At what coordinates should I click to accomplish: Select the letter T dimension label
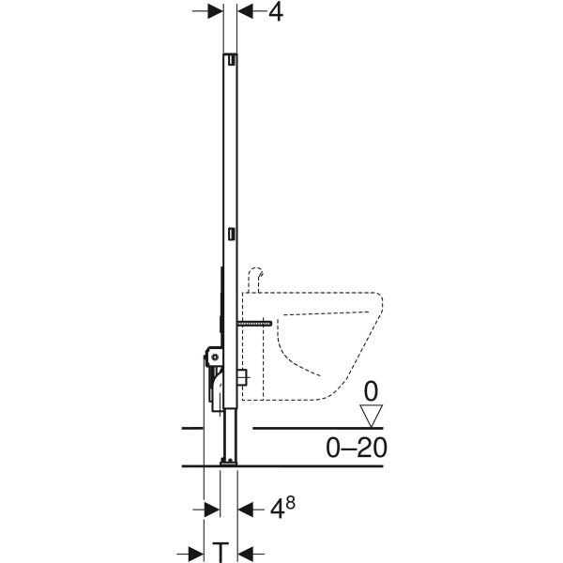[x=221, y=549]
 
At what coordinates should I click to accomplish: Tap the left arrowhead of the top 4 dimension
[x=216, y=12]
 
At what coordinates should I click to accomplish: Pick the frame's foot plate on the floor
[x=227, y=461]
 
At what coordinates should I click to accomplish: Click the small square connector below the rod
[x=242, y=377]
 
